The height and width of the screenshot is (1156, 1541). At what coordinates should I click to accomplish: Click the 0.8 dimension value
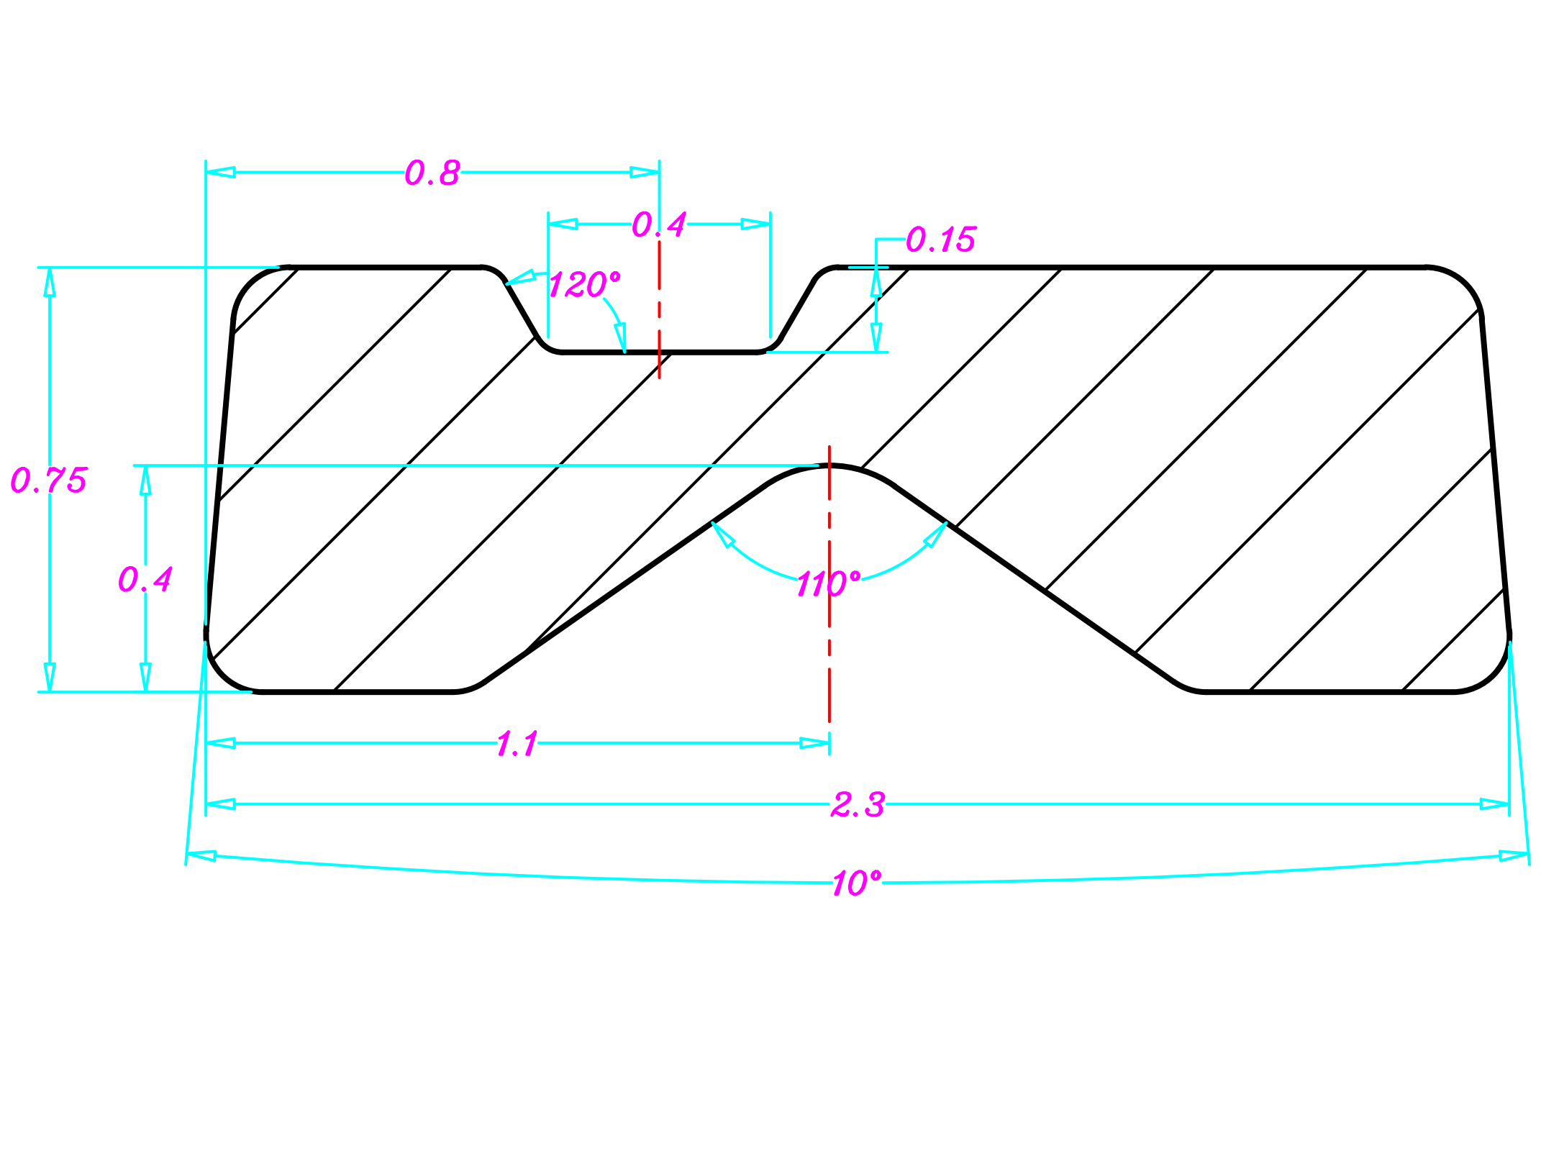tap(432, 173)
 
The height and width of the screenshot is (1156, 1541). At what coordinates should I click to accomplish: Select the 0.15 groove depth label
tap(940, 240)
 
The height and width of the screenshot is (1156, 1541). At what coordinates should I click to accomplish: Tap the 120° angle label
tap(583, 285)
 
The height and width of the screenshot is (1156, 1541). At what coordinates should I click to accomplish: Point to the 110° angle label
tap(827, 584)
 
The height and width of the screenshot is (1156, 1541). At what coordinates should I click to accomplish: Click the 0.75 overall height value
tap(49, 480)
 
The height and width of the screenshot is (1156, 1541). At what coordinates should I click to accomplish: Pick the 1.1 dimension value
tap(517, 744)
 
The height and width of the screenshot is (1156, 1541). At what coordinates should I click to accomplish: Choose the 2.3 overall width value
tap(858, 804)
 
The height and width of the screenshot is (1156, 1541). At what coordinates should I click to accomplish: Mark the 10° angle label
tap(856, 883)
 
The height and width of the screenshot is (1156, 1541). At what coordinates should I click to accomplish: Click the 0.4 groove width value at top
tap(659, 224)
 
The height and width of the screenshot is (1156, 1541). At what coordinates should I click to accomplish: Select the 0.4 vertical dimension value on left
tap(145, 579)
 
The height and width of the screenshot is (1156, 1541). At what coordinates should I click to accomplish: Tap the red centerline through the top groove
tap(659, 309)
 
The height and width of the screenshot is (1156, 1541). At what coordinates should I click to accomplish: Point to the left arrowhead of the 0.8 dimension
tap(220, 173)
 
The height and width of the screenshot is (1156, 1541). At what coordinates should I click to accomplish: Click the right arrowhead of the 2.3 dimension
tap(1495, 804)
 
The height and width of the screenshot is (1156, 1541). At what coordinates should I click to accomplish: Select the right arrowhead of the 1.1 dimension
tap(815, 743)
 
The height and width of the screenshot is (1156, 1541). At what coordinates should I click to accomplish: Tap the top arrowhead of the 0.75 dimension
tap(50, 282)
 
